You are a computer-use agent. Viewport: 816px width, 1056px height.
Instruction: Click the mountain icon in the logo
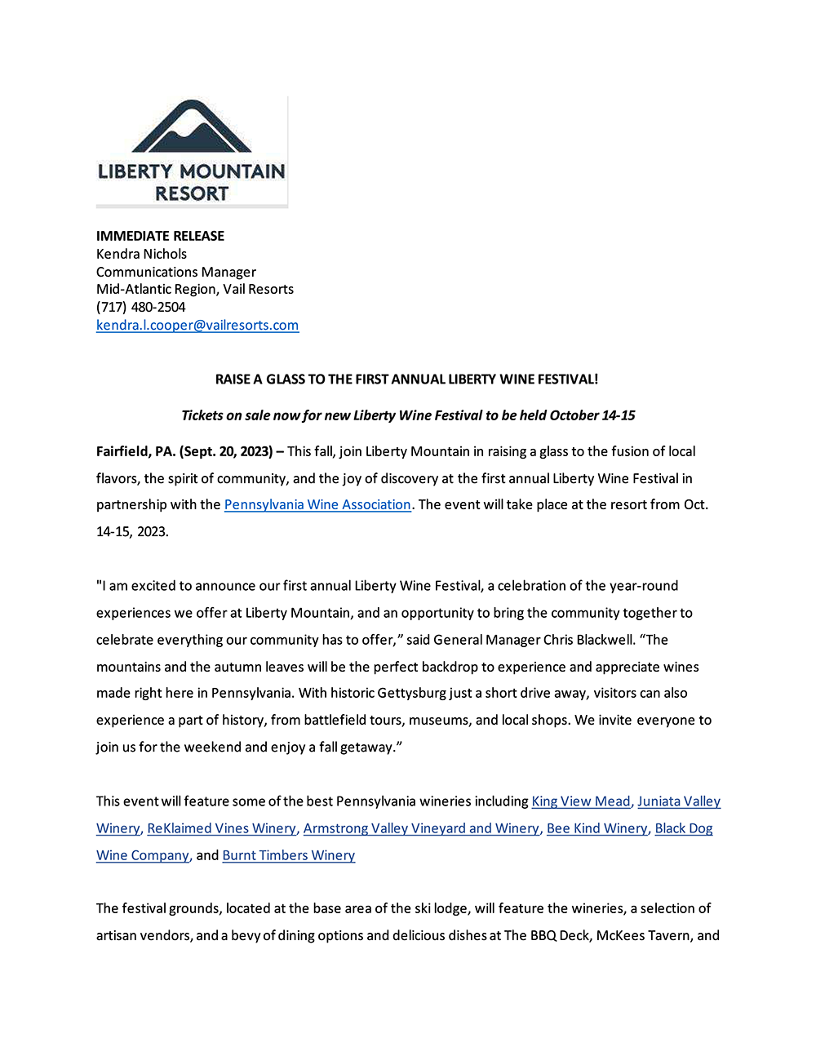[x=192, y=128]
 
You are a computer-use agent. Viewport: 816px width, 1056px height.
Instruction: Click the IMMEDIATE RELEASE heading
[x=160, y=236]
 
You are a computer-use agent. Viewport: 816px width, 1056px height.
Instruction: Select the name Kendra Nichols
[x=141, y=254]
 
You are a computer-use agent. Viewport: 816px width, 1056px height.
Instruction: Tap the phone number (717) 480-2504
[x=140, y=307]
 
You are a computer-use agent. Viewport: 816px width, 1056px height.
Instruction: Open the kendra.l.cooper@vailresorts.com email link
[x=197, y=325]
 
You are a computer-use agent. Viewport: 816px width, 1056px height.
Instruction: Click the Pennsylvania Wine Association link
[x=317, y=504]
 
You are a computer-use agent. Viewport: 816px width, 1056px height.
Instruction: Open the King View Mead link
[x=581, y=801]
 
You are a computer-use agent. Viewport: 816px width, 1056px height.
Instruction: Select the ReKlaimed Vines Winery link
[x=221, y=828]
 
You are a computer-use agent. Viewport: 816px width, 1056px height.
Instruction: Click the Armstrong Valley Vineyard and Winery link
[x=421, y=828]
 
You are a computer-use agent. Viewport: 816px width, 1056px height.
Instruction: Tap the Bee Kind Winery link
[x=596, y=828]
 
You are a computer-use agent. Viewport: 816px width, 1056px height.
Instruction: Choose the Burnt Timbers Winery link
[x=288, y=855]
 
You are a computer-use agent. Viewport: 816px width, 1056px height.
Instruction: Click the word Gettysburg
[x=412, y=693]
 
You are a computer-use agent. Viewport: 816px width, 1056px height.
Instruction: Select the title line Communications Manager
[x=175, y=272]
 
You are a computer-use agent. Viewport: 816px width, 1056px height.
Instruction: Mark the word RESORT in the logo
[x=192, y=193]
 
